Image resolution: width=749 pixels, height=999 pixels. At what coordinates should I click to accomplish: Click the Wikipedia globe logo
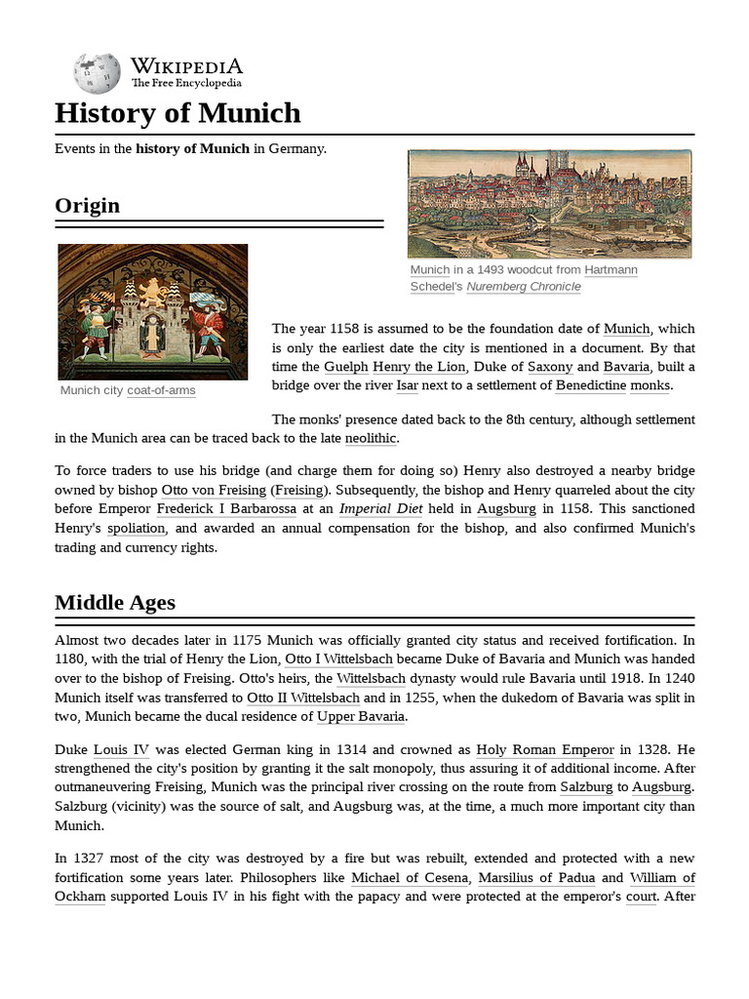pos(97,72)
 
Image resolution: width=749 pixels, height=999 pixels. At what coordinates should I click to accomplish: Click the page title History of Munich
pos(177,113)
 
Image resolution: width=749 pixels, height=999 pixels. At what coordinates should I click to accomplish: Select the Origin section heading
pos(88,205)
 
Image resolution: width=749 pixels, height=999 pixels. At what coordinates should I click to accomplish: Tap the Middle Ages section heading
pos(115,602)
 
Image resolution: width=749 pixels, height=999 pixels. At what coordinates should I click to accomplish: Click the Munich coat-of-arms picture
pos(153,311)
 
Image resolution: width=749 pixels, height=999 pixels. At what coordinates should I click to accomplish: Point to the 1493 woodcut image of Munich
pos(549,203)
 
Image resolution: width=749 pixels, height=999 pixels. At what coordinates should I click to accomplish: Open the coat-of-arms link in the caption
pos(161,390)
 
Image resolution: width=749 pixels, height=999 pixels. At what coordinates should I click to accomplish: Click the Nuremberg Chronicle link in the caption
pos(524,287)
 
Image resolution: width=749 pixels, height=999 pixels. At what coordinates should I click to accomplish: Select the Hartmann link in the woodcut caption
pos(611,269)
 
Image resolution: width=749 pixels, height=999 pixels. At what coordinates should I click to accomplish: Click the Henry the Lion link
pos(419,367)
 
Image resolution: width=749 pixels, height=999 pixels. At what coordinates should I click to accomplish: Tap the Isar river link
pos(407,385)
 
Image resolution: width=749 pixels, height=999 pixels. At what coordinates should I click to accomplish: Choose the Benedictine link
pos(590,385)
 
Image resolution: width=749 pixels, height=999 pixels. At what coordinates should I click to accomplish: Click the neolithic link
pos(372,438)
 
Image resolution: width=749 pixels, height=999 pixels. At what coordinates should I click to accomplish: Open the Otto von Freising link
pos(213,490)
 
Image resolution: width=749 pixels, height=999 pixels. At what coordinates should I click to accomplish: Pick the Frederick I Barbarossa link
pos(226,508)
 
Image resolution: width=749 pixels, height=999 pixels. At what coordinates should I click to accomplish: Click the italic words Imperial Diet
pos(381,508)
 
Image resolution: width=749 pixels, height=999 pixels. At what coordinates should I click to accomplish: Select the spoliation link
pos(137,528)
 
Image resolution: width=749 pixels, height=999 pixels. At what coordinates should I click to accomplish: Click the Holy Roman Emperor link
pos(545,750)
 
